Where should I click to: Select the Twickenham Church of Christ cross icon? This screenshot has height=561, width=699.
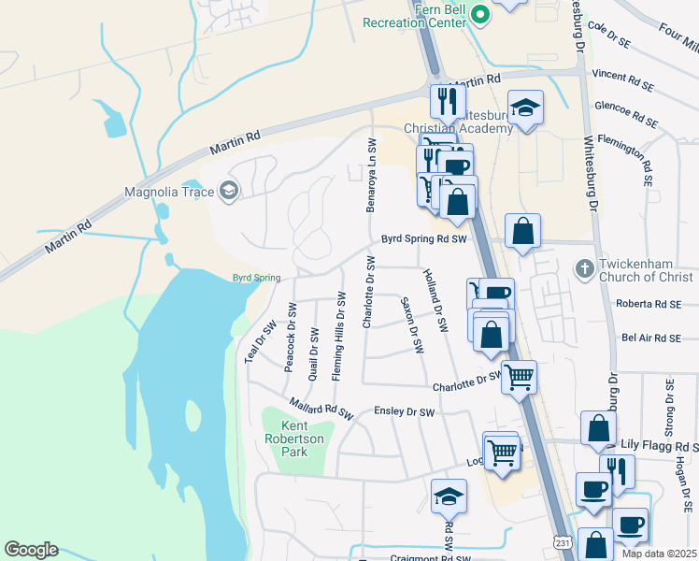[x=584, y=269]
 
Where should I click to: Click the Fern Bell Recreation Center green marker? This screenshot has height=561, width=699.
[x=480, y=14]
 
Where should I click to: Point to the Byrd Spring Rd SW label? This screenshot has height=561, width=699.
[x=422, y=239]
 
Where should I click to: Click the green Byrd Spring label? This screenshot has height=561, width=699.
[x=255, y=277]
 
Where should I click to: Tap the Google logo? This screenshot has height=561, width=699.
[x=31, y=550]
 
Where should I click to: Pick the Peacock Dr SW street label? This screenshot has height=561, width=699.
[x=290, y=334]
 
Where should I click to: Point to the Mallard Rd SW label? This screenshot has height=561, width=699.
[x=321, y=410]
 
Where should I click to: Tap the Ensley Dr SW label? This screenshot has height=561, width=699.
[x=405, y=412]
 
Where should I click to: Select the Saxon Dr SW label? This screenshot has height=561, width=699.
[x=411, y=325]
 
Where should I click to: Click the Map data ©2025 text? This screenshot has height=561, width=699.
[x=659, y=554]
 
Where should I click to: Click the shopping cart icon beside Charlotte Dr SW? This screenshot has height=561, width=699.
[x=520, y=377]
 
